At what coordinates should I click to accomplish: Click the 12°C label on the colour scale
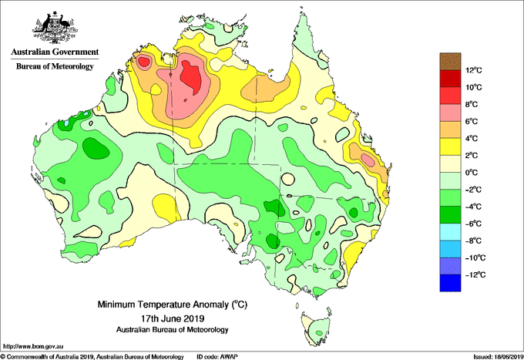point(474,70)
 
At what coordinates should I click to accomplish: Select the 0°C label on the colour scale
point(472,173)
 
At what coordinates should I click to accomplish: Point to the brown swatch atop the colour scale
point(450,62)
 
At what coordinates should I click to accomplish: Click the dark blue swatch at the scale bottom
point(450,283)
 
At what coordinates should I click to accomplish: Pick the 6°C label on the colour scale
point(472,121)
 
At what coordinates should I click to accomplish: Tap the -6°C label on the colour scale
point(473,224)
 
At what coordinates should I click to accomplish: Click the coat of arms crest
point(55,28)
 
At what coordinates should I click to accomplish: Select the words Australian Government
point(55,52)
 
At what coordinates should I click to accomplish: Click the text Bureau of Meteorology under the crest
point(55,66)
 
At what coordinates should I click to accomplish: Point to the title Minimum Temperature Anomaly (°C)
point(172,304)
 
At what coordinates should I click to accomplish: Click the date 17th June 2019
point(173,318)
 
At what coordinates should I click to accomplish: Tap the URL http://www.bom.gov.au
point(32,347)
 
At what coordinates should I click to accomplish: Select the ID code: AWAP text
point(217,357)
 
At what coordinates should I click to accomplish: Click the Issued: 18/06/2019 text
point(499,357)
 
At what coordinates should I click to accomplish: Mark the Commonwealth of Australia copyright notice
point(92,357)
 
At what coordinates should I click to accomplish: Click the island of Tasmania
point(316,328)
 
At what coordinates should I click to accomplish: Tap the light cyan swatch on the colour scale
point(450,232)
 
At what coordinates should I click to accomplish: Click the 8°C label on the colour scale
point(472,104)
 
